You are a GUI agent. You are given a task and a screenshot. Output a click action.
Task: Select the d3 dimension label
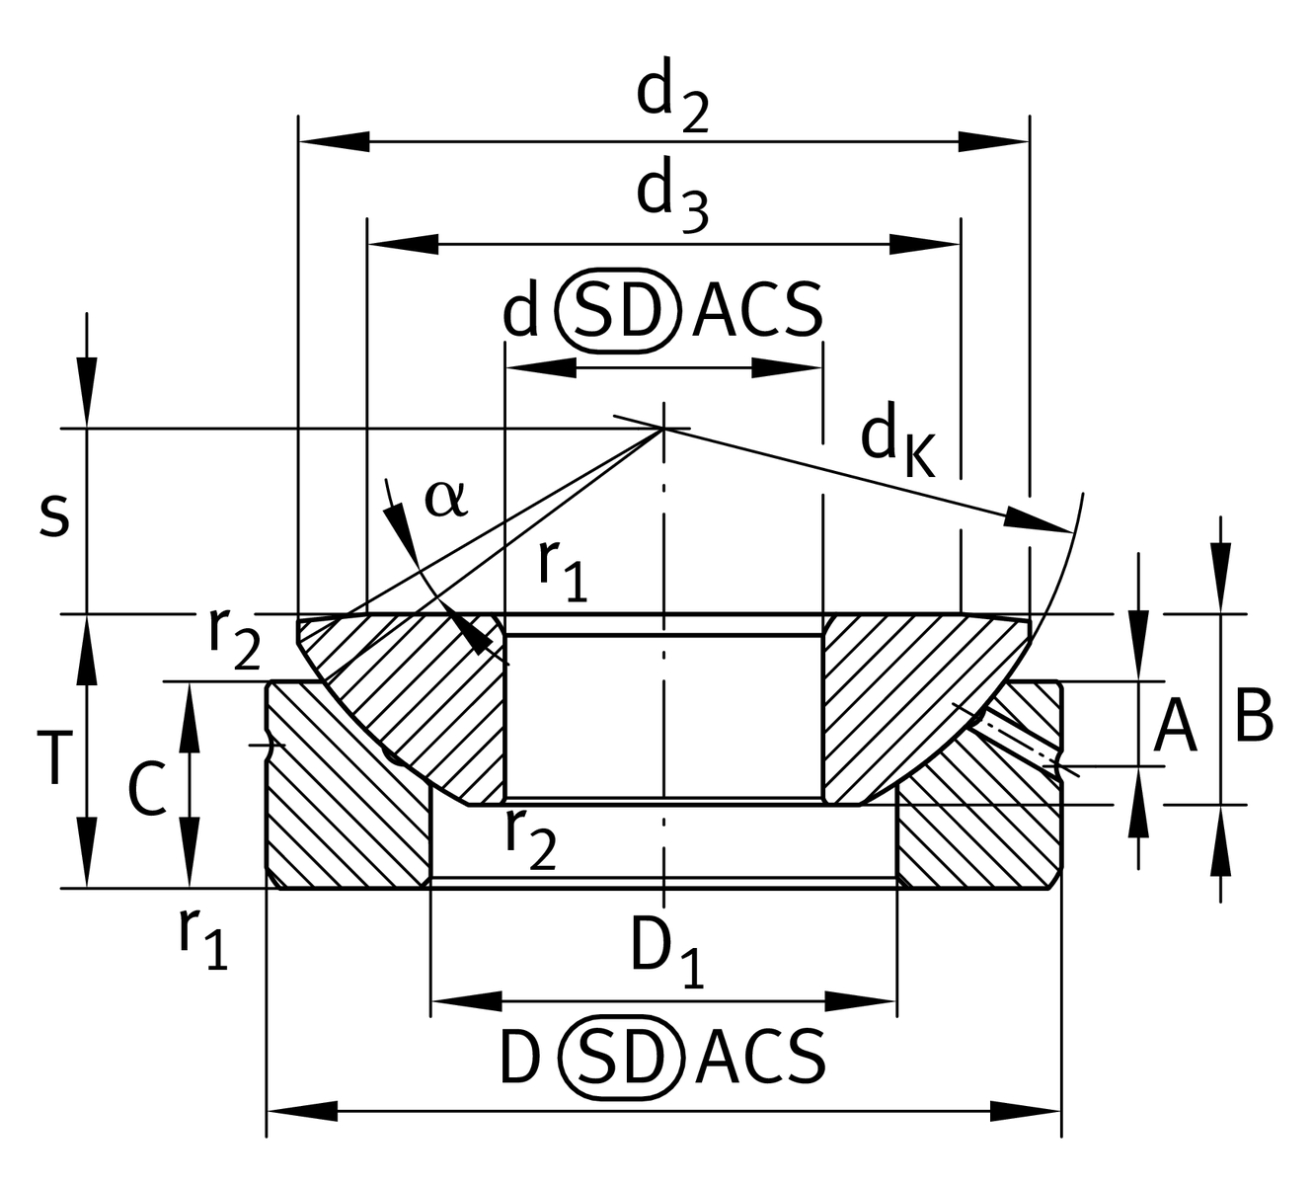point(671,198)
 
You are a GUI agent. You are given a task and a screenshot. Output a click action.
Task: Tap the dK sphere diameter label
point(896,443)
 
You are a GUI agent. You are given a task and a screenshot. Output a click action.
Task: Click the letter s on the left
point(54,516)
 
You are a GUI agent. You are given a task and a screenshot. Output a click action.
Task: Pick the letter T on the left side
point(54,758)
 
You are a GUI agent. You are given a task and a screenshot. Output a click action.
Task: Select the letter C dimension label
point(147,791)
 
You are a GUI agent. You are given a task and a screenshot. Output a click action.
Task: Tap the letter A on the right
point(1175,727)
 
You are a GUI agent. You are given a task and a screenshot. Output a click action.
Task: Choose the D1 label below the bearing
point(667,955)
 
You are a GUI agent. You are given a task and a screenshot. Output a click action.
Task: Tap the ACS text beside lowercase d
point(757,311)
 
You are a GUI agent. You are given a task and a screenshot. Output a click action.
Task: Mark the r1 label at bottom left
point(202,936)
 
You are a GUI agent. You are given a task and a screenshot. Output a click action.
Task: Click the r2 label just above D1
point(530,837)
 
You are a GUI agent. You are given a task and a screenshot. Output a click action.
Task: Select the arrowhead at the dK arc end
point(1037,519)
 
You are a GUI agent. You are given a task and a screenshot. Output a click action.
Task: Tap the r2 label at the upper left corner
point(233,638)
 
